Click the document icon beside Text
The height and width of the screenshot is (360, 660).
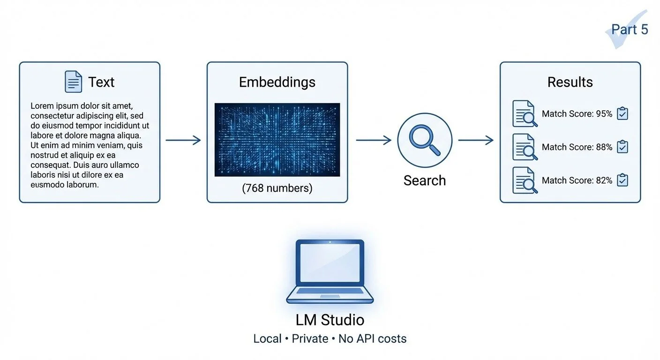[x=73, y=82]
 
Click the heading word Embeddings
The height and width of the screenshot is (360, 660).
[x=277, y=82]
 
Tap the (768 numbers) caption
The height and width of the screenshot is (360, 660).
[x=277, y=188]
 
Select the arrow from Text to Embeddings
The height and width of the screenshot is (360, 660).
[x=183, y=140]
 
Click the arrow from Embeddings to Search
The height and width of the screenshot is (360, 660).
[x=374, y=140]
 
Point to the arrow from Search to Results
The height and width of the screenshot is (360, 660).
[x=476, y=140]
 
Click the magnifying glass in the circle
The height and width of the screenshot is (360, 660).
[x=425, y=140]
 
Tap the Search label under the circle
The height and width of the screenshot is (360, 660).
[x=425, y=180]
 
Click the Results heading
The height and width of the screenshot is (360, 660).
[x=570, y=82]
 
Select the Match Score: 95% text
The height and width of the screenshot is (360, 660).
[x=577, y=113]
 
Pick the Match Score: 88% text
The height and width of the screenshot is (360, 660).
[x=577, y=147]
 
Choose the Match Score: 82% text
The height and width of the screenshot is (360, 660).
[x=577, y=180]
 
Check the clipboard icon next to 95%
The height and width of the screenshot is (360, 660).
[x=622, y=113]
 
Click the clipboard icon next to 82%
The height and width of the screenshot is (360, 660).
[x=622, y=180]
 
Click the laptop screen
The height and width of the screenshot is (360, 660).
[x=330, y=263]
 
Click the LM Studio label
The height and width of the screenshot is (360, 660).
[x=330, y=320]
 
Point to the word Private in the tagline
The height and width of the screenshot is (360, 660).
[x=310, y=338]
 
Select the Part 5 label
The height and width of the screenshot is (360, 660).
[x=630, y=30]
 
